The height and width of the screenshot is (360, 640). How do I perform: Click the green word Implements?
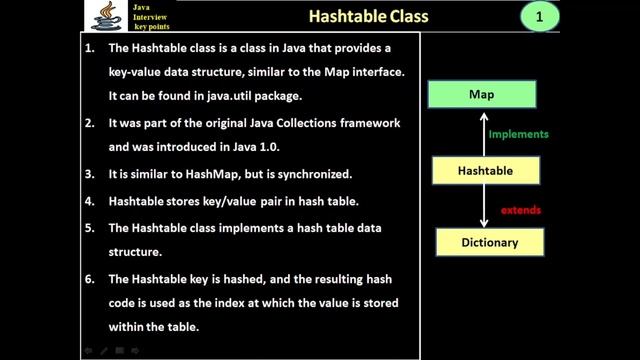pos(519,134)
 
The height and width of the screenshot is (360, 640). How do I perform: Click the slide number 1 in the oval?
pos(540,17)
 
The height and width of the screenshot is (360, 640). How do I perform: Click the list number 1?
pos(91,47)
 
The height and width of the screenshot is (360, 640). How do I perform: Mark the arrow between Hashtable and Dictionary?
pos(483,206)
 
